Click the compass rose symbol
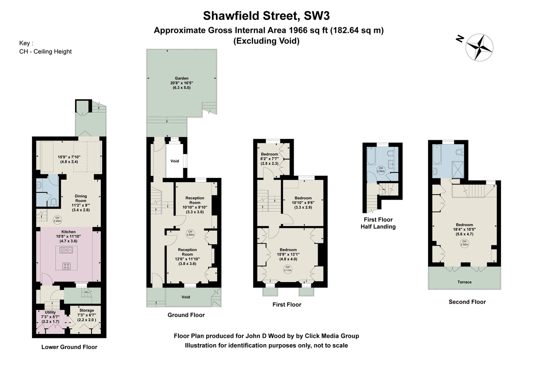(x=480, y=47)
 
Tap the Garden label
(x=181, y=78)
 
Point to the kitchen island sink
(x=65, y=251)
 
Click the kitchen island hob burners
(x=67, y=266)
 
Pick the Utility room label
(x=50, y=313)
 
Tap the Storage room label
(x=87, y=310)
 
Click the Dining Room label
(x=81, y=196)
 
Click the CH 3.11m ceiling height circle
(x=287, y=268)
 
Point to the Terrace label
(x=465, y=282)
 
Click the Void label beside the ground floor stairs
(x=175, y=161)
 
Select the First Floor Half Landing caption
(x=378, y=223)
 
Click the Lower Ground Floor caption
(x=69, y=347)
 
